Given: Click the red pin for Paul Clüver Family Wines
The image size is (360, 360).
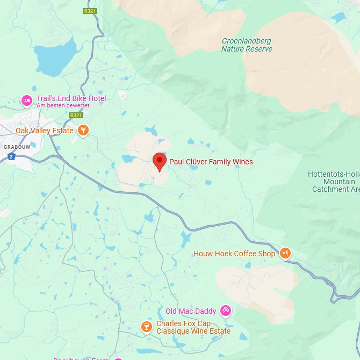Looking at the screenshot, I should [159, 161].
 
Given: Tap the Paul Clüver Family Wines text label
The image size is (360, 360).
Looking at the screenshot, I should [211, 162].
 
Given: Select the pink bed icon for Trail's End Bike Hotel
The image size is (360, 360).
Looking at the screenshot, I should [27, 100].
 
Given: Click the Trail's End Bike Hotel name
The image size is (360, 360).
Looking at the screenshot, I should [71, 98].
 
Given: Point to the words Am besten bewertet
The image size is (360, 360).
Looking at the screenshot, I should [62, 106].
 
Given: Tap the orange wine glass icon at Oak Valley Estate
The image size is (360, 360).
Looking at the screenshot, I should [83, 130].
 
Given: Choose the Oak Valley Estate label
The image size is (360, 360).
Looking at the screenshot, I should [44, 131].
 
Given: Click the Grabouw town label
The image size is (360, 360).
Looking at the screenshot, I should [17, 146].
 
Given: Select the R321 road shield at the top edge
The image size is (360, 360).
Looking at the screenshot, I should [90, 11].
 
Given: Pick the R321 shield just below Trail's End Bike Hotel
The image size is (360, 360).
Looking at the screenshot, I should [76, 115].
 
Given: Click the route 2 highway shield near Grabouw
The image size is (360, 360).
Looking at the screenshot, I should [11, 156].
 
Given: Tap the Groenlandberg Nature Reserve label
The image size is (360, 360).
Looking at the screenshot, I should [247, 45].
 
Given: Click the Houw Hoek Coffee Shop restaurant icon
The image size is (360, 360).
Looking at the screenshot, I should [285, 253].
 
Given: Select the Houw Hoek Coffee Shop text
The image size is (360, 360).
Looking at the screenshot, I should [234, 254].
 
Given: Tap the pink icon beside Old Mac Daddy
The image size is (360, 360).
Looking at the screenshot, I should [226, 311].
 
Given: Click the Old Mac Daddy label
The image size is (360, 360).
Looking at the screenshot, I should [191, 311].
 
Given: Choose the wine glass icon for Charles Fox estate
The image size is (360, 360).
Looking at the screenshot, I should [146, 327].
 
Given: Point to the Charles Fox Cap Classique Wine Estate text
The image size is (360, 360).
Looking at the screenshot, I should [193, 327].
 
